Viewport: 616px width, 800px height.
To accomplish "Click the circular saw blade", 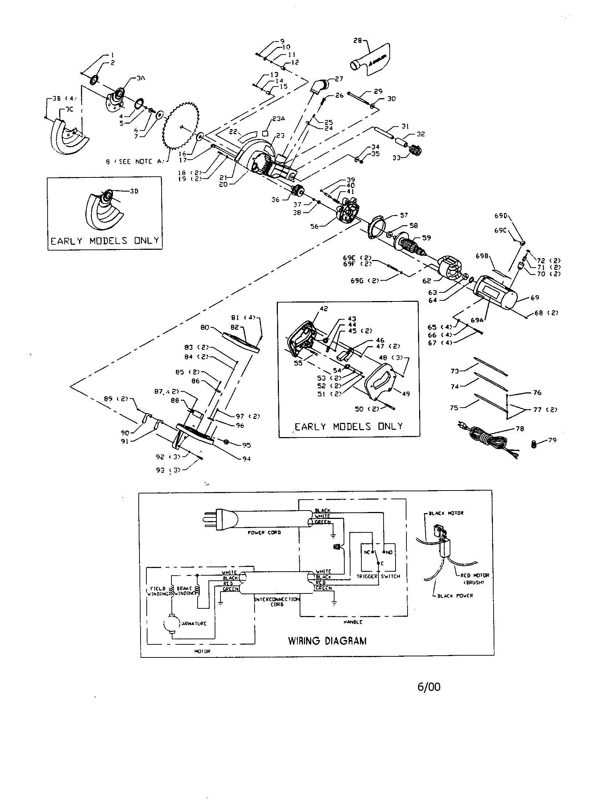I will point(181,127).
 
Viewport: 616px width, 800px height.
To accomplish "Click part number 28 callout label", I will point(357,41).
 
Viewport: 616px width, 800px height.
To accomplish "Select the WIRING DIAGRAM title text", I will point(327,641).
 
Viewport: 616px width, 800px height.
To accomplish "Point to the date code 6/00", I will point(429,687).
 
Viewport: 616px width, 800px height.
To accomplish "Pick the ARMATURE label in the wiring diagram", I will point(194,623).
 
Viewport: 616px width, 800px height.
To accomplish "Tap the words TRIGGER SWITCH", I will point(378,576).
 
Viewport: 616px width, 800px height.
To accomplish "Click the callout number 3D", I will point(134,191).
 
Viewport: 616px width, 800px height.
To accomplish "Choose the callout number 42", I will point(324,309).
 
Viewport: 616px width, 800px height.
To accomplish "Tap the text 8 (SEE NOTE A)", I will point(135,161).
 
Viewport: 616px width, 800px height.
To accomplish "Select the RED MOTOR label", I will point(474,575).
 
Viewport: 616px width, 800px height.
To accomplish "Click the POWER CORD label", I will point(264,533).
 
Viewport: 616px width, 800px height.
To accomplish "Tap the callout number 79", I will point(552,440).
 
